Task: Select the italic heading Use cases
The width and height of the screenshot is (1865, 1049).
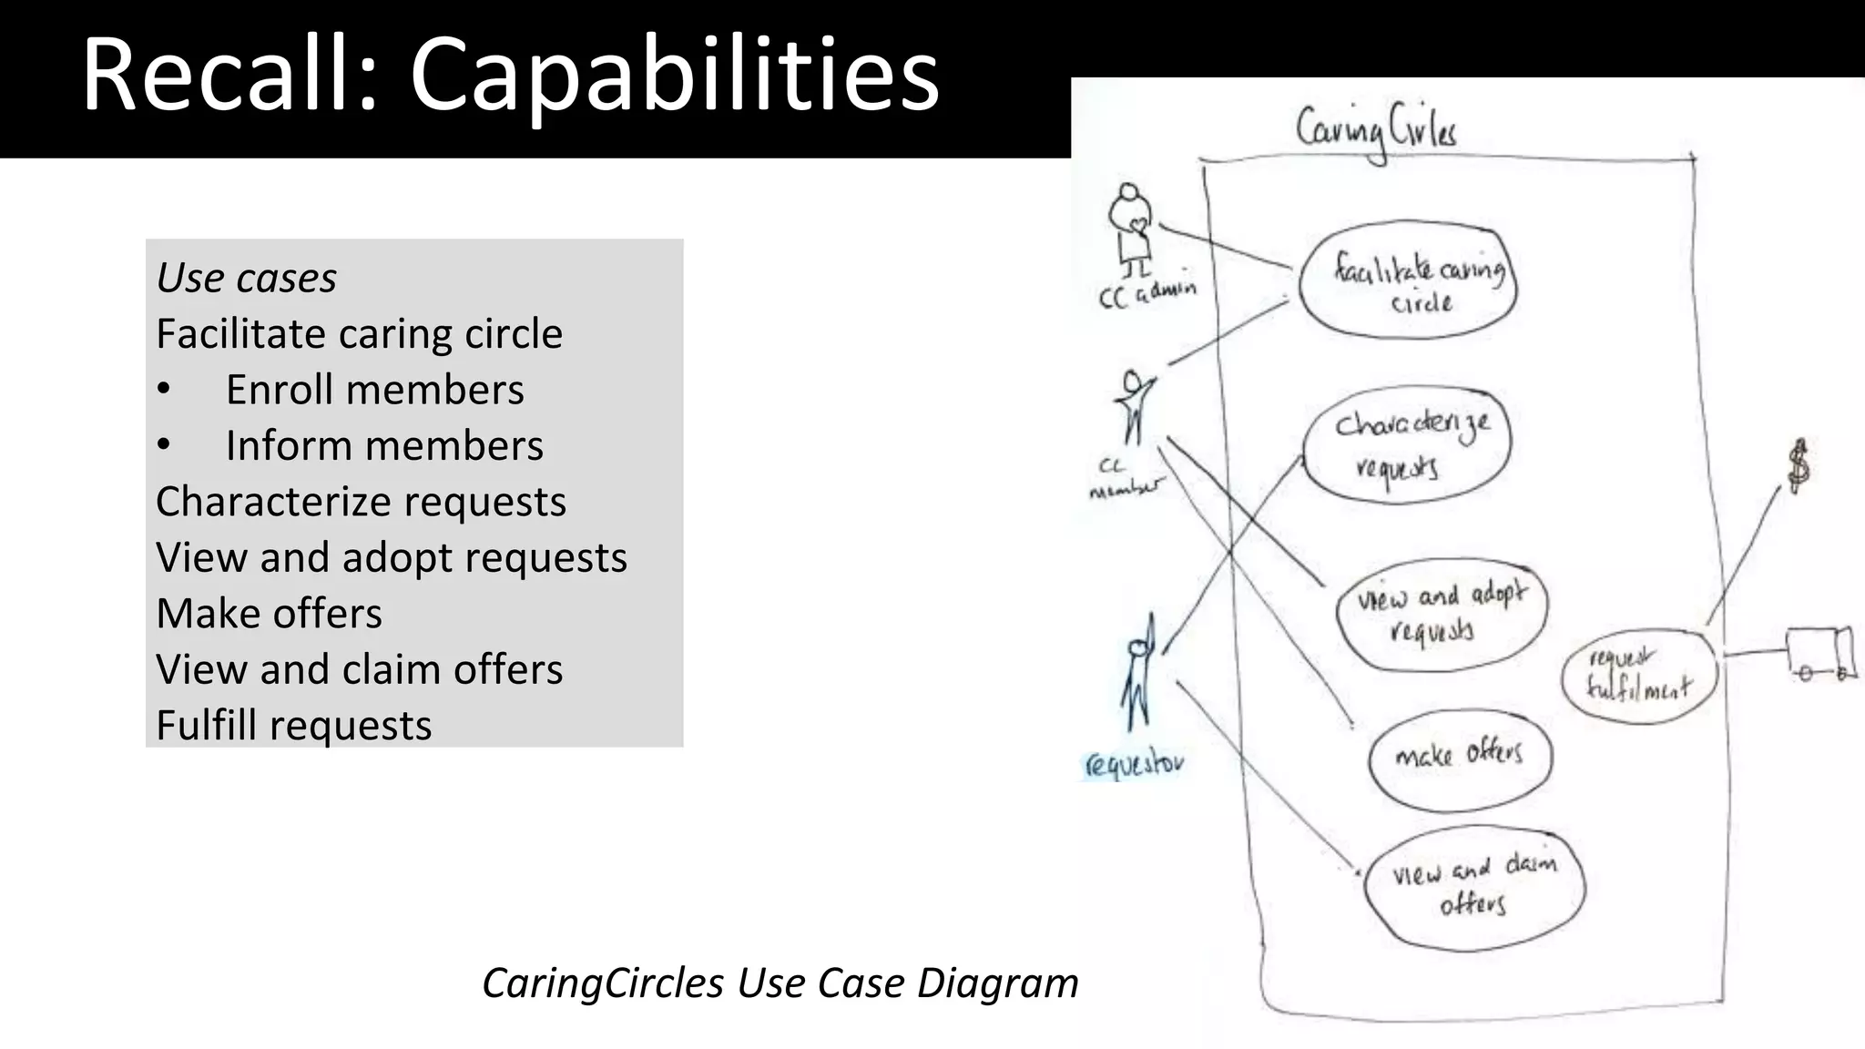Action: [x=246, y=278]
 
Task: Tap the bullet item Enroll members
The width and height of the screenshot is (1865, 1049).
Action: [x=374, y=390]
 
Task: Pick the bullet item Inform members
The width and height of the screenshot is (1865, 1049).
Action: [x=383, y=446]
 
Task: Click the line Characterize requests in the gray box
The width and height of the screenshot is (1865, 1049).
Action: [x=361, y=502]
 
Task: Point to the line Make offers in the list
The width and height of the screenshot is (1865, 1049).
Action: [x=269, y=614]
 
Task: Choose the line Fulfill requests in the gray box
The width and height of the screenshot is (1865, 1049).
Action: [x=293, y=726]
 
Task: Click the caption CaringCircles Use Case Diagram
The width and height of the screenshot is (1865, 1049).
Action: [x=780, y=983]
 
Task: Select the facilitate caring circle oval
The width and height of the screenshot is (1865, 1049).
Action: [x=1408, y=280]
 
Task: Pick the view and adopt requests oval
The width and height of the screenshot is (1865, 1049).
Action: [x=1442, y=614]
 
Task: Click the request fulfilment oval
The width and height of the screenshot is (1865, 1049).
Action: [x=1638, y=675]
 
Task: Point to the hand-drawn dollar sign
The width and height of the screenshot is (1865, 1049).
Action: [x=1799, y=465]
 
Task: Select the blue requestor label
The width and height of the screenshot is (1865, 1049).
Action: [x=1134, y=763]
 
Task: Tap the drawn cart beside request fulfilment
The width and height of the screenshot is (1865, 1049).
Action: [x=1820, y=653]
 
